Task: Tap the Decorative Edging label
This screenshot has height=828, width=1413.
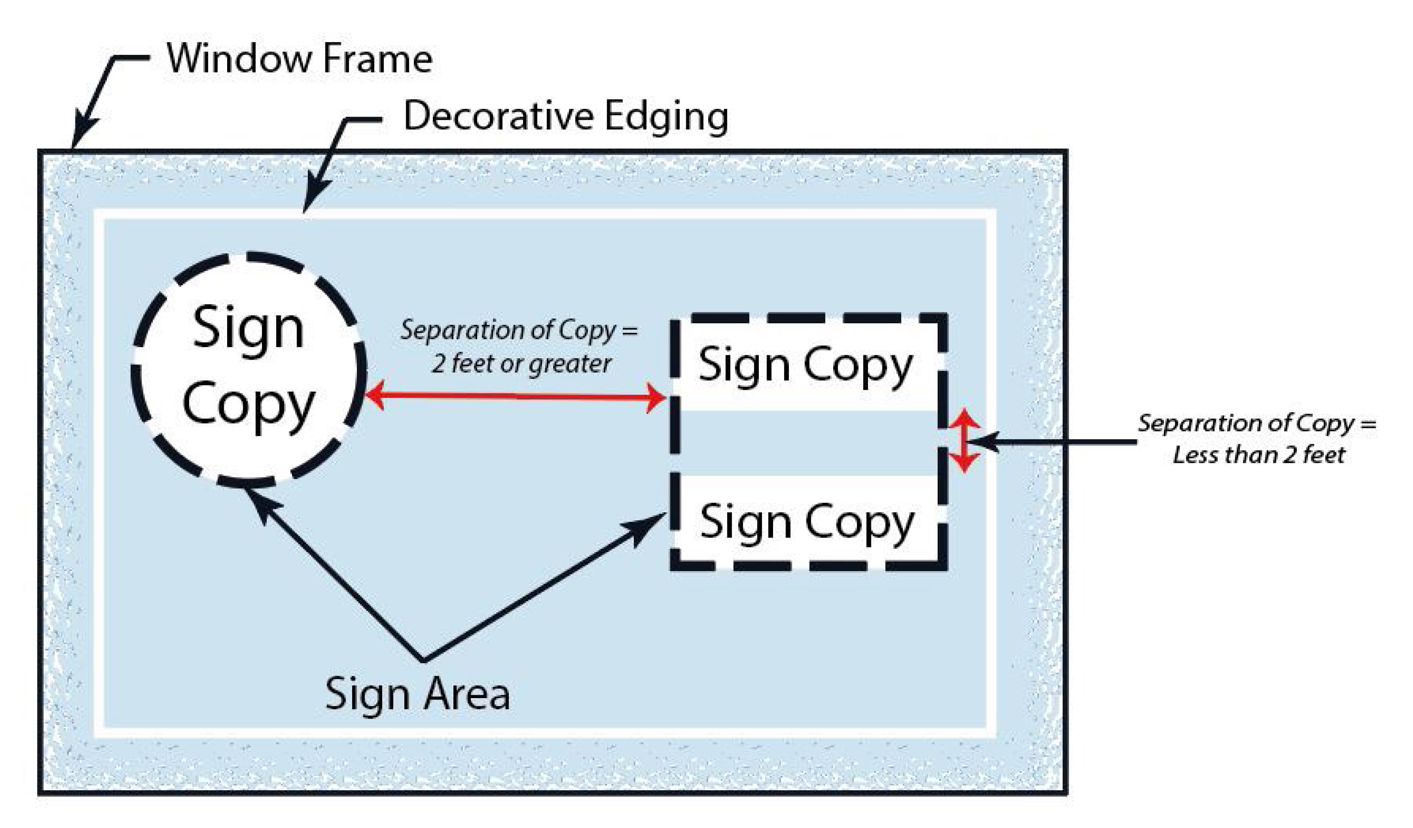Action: point(565,116)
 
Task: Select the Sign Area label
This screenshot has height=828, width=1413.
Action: point(417,694)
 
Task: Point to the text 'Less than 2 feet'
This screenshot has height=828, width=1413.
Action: point(1258,455)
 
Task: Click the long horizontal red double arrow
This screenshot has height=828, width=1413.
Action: point(515,397)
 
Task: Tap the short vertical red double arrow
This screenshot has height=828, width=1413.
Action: point(963,440)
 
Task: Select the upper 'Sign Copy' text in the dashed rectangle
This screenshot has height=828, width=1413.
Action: point(805,366)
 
